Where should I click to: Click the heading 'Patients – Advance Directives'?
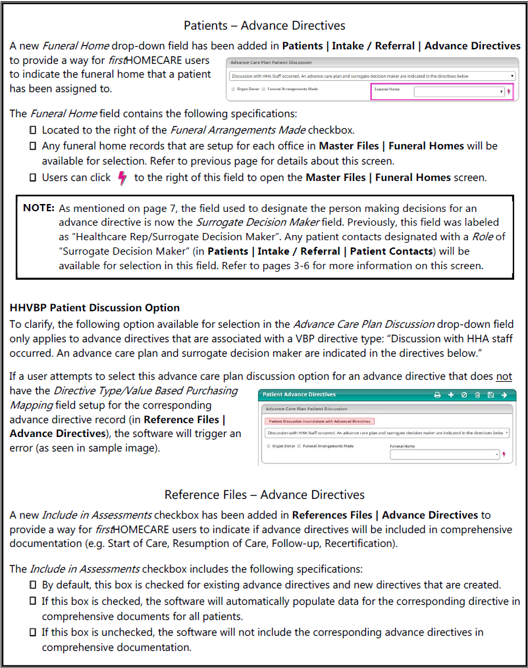click(x=264, y=26)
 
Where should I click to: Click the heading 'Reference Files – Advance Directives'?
click(x=264, y=494)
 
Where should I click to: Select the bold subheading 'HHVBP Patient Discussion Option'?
click(x=95, y=307)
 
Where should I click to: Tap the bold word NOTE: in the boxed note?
click(x=39, y=207)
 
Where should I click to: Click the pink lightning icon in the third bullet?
click(x=121, y=178)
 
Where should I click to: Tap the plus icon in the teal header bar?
click(x=451, y=395)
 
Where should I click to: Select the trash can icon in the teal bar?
click(x=477, y=395)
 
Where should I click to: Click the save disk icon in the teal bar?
click(x=490, y=395)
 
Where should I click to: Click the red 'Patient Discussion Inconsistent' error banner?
click(x=319, y=421)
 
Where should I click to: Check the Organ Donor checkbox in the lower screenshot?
click(x=269, y=446)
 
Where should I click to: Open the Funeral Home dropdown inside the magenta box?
click(x=459, y=92)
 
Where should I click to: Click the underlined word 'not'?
click(x=504, y=376)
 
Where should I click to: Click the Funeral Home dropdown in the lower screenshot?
click(x=445, y=454)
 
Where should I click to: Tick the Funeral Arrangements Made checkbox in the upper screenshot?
click(x=264, y=89)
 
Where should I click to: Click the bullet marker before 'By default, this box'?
click(x=33, y=584)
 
